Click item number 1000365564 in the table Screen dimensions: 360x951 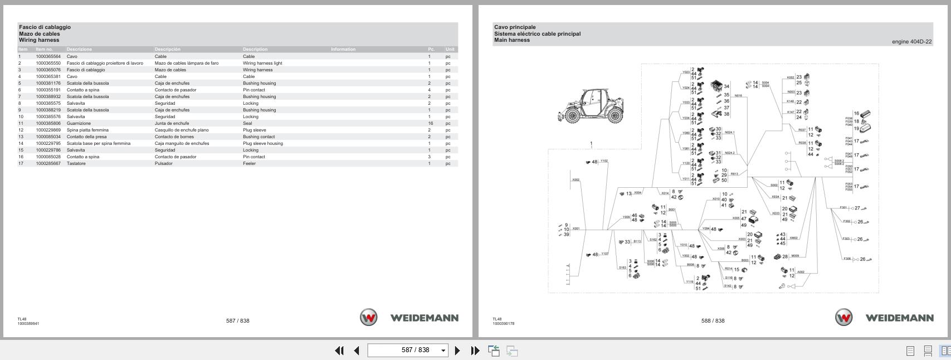click(x=48, y=56)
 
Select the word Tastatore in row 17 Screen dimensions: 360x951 click(x=76, y=163)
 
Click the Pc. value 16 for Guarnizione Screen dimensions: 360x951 click(x=431, y=123)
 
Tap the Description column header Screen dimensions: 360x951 click(x=255, y=49)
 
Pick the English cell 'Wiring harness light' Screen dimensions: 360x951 click(x=262, y=63)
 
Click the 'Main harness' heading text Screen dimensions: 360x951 click(x=512, y=40)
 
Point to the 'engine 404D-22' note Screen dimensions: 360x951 click(x=911, y=42)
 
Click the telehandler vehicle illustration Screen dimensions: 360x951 click(x=591, y=106)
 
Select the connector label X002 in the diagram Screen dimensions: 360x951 click(x=576, y=180)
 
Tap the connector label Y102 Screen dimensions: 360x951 click(x=604, y=161)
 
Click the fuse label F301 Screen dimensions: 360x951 click(x=843, y=208)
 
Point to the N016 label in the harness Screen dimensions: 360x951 click(x=738, y=96)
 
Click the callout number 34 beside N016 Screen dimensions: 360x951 click(x=726, y=87)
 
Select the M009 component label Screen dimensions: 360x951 click(x=795, y=256)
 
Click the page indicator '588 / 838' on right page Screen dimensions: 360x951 click(x=713, y=320)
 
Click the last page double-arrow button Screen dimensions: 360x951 click(x=475, y=351)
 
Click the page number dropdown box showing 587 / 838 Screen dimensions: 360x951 click(x=408, y=350)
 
